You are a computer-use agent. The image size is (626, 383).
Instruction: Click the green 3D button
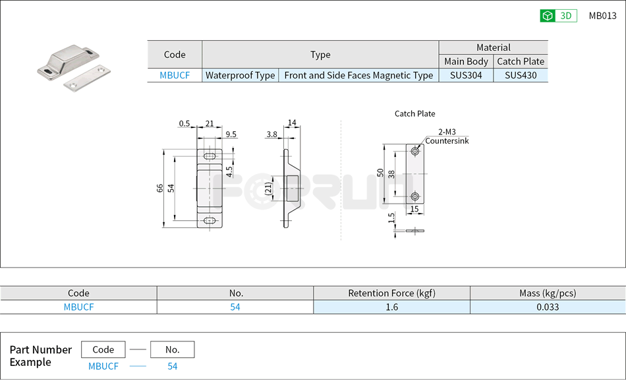point(558,16)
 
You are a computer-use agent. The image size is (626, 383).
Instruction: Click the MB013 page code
point(602,16)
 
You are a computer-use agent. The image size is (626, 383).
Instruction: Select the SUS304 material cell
point(466,75)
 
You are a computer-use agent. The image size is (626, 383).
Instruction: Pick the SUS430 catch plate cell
point(521,75)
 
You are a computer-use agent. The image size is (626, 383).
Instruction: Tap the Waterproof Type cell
point(240,75)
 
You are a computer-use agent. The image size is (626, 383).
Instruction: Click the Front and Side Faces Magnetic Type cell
point(358,75)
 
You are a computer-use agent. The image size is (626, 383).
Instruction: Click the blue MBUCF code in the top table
point(175,75)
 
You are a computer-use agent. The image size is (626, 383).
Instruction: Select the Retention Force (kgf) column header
point(391,293)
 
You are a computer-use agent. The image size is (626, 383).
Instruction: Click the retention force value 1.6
point(391,307)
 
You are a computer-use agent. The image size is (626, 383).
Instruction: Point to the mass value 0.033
point(548,307)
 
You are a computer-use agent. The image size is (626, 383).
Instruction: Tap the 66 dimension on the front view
point(160,188)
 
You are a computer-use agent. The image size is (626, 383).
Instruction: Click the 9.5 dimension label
point(231,134)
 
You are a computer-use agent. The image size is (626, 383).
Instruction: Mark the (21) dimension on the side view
point(268,189)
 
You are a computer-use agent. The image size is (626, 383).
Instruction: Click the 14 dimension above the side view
point(292,123)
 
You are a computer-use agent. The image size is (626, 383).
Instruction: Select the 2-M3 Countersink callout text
point(446,136)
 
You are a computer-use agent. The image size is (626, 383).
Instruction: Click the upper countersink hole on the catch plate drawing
point(415,152)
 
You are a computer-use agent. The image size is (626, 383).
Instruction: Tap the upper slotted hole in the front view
point(210,156)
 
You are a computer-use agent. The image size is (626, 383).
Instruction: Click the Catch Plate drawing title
point(414,113)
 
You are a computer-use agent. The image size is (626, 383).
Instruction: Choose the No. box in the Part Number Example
point(172,349)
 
